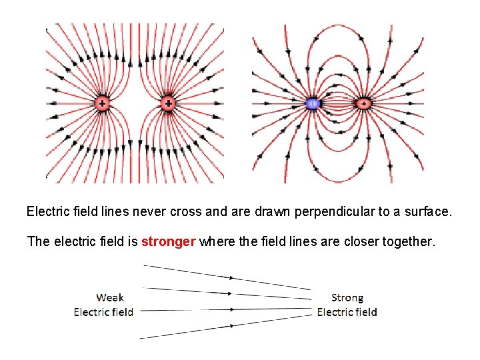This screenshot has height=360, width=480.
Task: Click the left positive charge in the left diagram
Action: click(x=102, y=103)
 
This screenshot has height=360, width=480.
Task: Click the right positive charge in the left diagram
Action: click(x=168, y=103)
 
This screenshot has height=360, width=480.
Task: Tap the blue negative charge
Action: click(x=312, y=103)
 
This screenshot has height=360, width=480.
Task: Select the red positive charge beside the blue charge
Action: click(x=363, y=103)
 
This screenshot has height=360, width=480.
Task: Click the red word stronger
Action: click(x=169, y=241)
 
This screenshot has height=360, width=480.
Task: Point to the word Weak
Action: click(x=110, y=297)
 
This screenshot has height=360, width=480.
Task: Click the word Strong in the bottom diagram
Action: click(x=347, y=297)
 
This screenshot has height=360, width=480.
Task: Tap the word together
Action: click(x=409, y=241)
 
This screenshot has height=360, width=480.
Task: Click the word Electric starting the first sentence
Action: click(x=48, y=212)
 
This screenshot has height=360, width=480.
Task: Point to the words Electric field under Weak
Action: click(x=103, y=312)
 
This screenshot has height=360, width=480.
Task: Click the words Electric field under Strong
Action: click(x=347, y=312)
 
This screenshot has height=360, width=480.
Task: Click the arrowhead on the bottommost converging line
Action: click(x=233, y=325)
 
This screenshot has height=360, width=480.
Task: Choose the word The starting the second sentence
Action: click(x=38, y=241)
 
